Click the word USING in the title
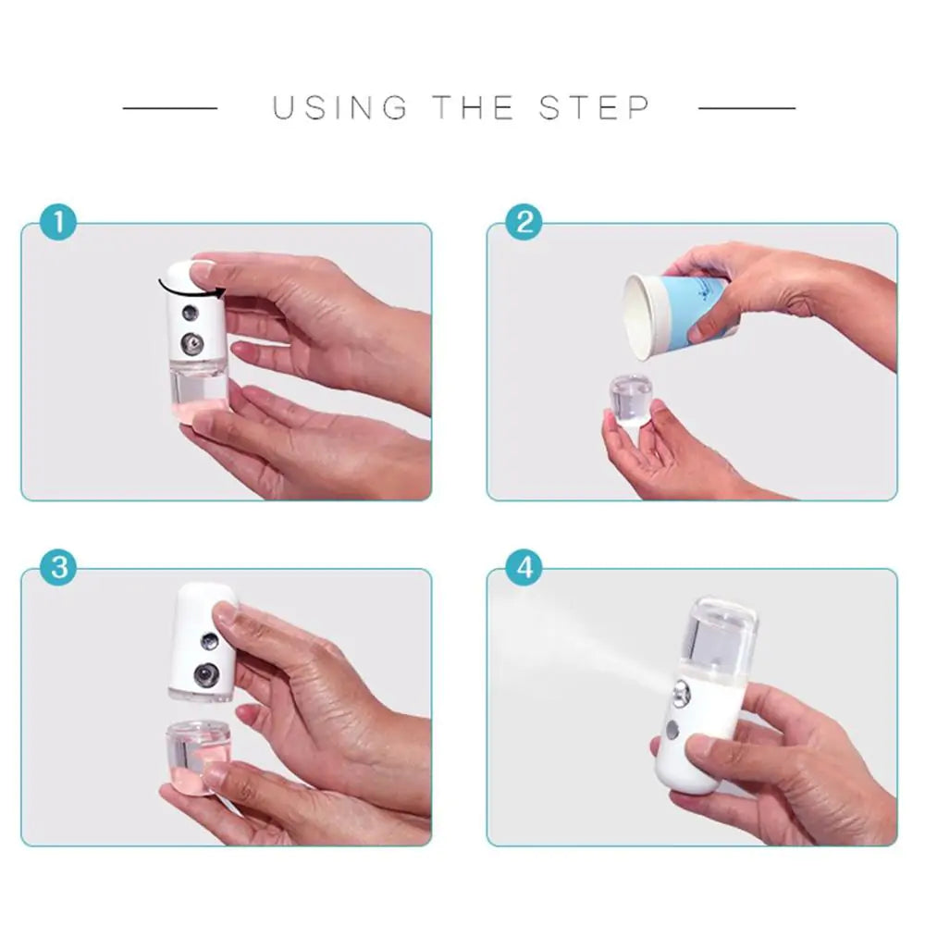[x=339, y=108]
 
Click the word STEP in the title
[x=595, y=108]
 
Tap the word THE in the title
[x=473, y=108]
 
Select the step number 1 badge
[x=59, y=223]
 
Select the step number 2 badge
[x=524, y=223]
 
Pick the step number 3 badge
[x=59, y=567]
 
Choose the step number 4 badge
[x=524, y=567]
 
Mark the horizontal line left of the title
[x=170, y=108]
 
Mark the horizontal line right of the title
[x=746, y=108]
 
